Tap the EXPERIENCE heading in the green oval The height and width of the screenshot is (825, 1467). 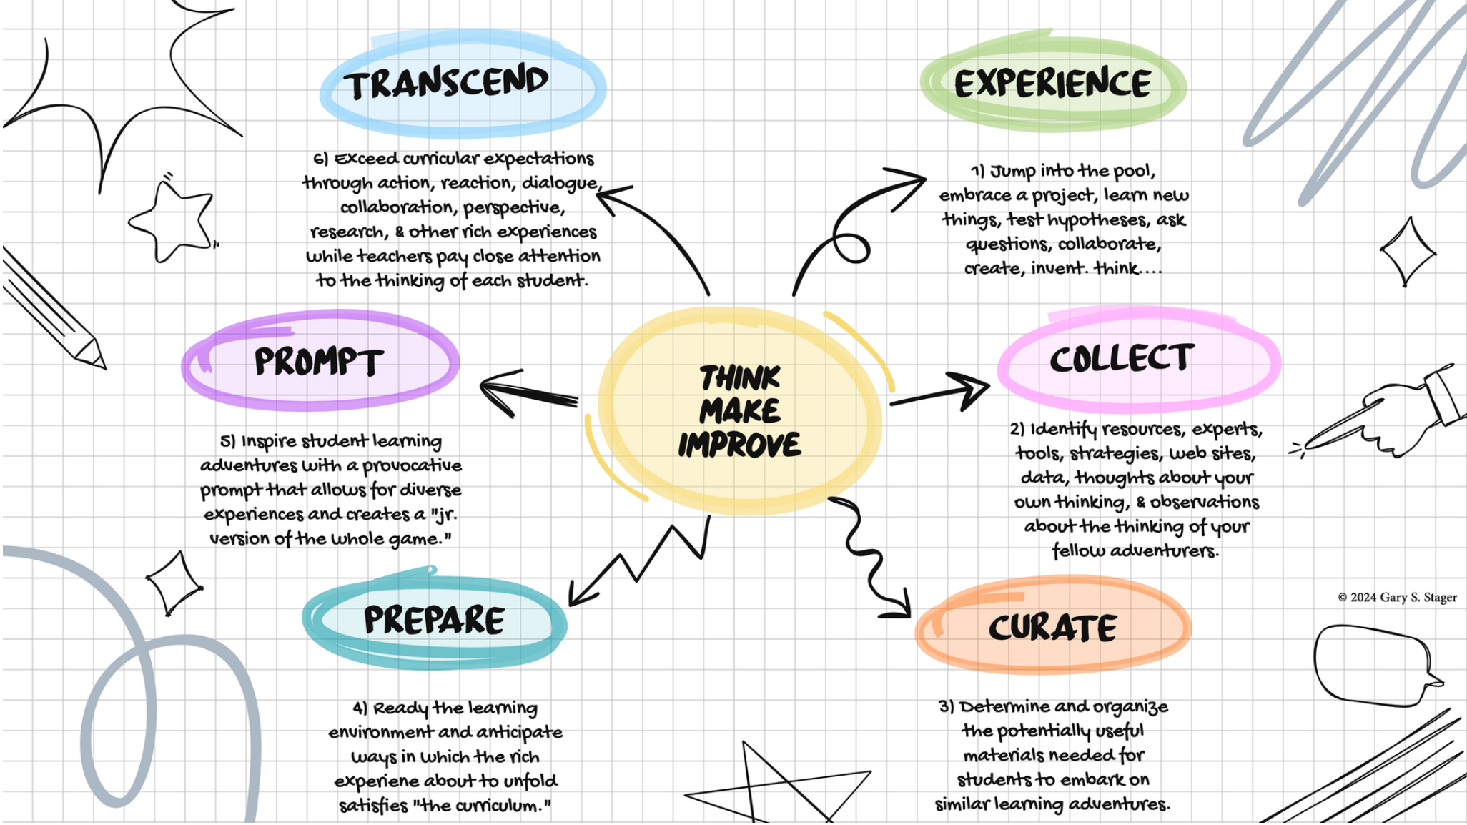tap(1052, 84)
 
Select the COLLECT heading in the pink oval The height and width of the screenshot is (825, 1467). tap(1121, 358)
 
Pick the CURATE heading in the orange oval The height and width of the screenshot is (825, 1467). tap(1052, 628)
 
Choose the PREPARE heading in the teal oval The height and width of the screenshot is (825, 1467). tap(434, 620)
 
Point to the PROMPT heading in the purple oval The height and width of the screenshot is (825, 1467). tap(319, 362)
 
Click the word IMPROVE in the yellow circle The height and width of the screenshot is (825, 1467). tap(739, 445)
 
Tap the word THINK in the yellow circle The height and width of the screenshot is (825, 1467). tap(740, 377)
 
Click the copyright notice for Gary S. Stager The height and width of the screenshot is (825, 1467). tap(1397, 598)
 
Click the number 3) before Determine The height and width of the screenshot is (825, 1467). tap(946, 707)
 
